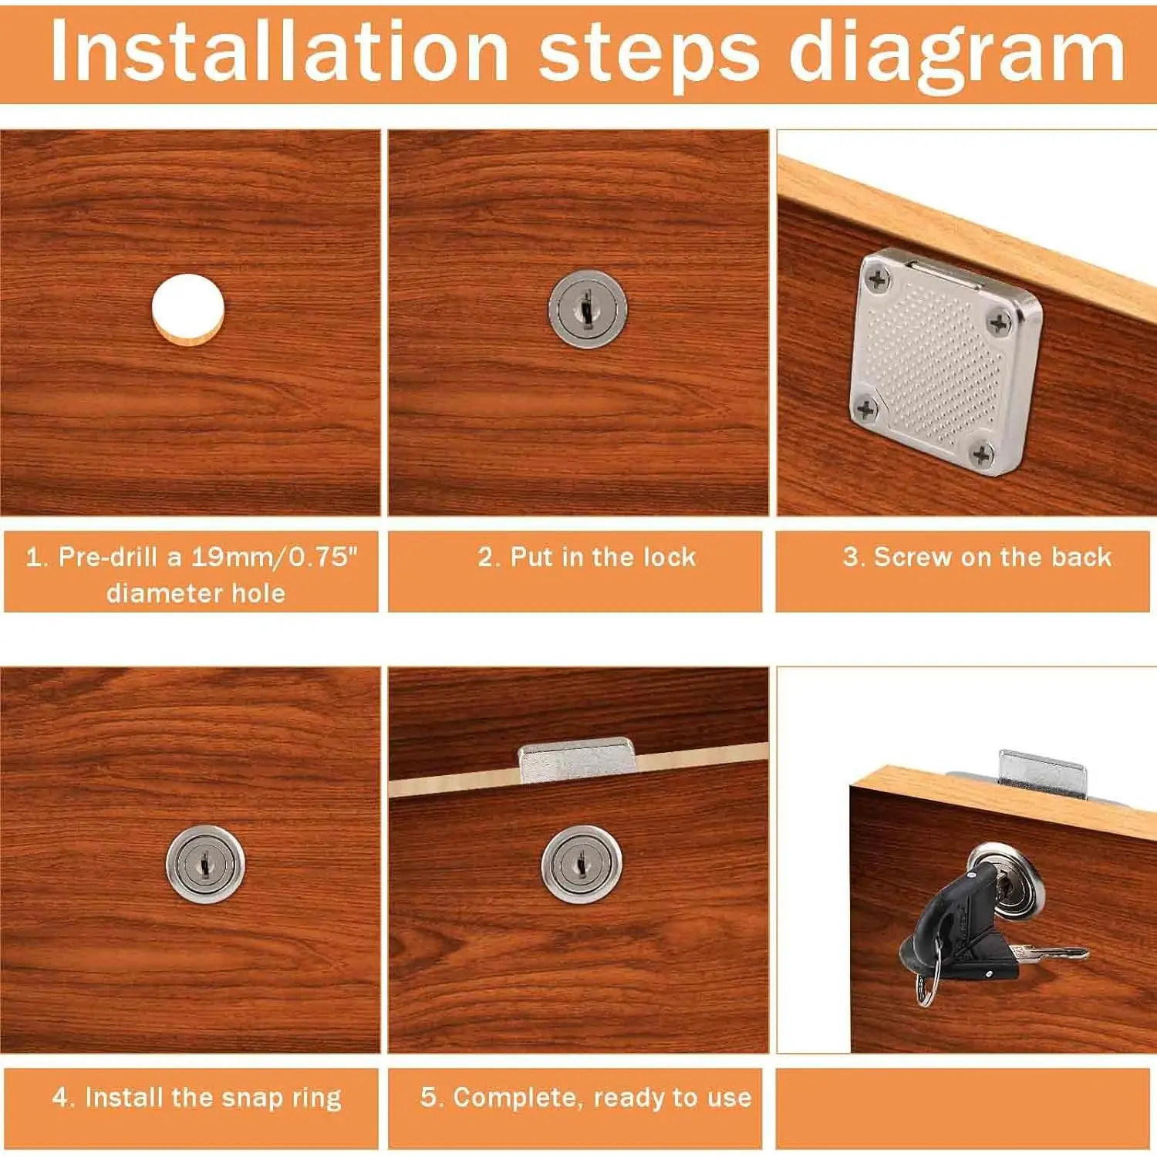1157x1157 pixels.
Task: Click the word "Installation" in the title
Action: click(x=279, y=51)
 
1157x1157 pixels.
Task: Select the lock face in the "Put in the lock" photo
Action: click(x=588, y=309)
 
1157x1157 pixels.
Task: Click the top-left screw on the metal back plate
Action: click(x=877, y=280)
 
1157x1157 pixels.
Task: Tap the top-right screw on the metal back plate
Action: click(x=1000, y=322)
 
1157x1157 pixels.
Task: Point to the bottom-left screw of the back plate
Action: click(x=865, y=409)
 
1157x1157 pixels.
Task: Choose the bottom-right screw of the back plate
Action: click(x=981, y=454)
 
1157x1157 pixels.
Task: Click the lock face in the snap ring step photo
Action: click(x=206, y=864)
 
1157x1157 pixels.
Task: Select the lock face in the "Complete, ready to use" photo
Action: click(x=582, y=864)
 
